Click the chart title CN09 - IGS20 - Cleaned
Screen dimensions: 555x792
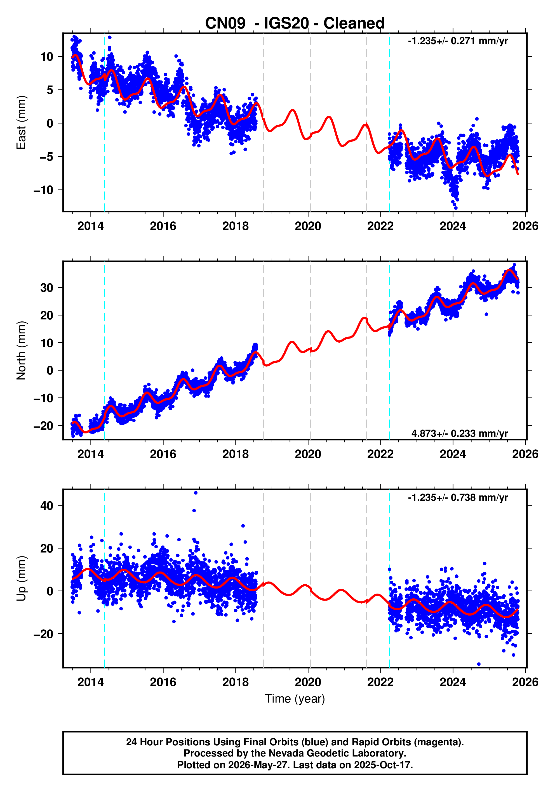[295, 23]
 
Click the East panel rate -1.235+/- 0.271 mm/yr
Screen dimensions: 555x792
[458, 41]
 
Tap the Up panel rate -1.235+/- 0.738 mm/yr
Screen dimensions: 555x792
[458, 497]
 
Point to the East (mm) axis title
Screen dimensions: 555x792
[21, 122]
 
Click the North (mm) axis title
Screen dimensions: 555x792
[21, 350]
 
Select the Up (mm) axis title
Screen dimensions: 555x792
[21, 578]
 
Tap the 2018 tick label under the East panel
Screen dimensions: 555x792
[235, 226]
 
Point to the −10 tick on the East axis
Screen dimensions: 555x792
[43, 190]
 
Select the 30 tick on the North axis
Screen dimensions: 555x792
[47, 288]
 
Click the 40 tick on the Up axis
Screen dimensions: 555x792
[47, 506]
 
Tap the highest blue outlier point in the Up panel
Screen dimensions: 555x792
[196, 493]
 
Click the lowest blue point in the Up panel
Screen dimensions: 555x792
[479, 664]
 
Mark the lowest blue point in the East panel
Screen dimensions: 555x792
[455, 208]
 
